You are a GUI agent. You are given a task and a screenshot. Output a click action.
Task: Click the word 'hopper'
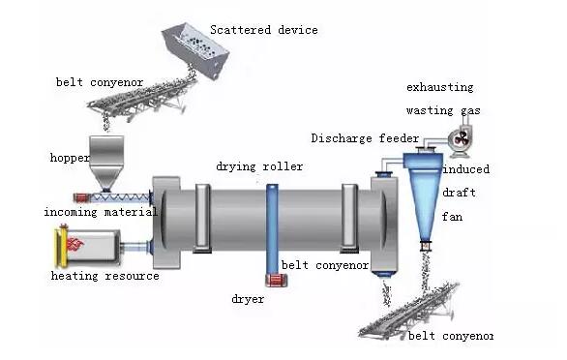(70, 157)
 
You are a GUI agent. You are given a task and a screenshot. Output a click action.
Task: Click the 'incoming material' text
(100, 211)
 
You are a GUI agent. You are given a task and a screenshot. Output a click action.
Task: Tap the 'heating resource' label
(104, 276)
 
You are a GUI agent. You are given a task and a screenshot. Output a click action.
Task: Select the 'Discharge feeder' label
(365, 138)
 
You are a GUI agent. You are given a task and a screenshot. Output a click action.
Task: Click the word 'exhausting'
(440, 87)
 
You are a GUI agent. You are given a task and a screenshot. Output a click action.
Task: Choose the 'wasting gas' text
(443, 110)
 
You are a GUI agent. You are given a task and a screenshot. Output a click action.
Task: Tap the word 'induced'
(465, 169)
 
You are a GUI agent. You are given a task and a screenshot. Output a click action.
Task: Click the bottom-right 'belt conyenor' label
(450, 336)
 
